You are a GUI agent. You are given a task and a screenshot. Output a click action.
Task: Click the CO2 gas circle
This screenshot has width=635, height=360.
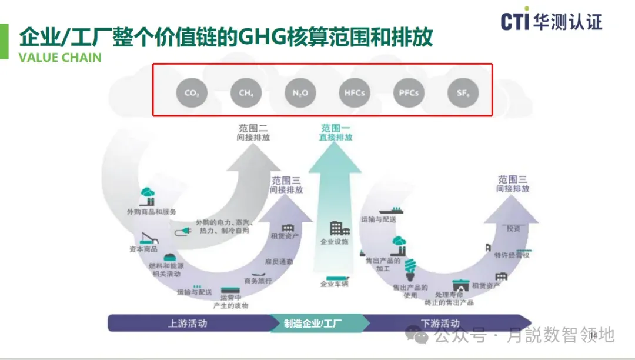(x=192, y=92)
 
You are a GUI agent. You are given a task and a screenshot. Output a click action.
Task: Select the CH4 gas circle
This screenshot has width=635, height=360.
(x=246, y=92)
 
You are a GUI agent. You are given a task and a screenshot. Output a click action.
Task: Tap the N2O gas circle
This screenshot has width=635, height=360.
(x=300, y=92)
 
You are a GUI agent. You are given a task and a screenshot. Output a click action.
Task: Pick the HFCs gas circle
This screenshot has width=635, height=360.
(x=355, y=92)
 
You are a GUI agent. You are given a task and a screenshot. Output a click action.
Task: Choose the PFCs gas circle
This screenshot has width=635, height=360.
(x=409, y=92)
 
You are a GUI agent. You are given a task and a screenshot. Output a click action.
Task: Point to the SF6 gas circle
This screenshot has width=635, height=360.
(x=463, y=92)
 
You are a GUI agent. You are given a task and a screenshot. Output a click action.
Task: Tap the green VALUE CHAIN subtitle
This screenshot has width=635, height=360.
(x=60, y=58)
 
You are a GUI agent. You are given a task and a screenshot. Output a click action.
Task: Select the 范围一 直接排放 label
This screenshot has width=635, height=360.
(x=336, y=132)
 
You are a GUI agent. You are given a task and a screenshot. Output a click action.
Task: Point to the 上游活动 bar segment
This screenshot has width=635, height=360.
(x=188, y=323)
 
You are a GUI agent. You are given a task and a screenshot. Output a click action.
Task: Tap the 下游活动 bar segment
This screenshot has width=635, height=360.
(x=440, y=323)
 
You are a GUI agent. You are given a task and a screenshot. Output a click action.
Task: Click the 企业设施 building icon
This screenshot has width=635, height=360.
(x=339, y=229)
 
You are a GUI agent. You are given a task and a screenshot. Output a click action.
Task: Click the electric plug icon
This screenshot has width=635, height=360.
(x=182, y=234)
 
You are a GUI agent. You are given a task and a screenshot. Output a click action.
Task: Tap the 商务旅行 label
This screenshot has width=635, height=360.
(x=258, y=281)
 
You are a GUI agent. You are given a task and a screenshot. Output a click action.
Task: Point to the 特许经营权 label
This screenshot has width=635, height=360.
(x=512, y=255)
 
